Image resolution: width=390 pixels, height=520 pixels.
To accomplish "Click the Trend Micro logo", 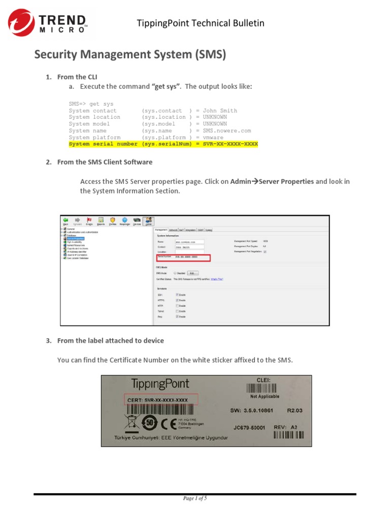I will pyautogui.click(x=48, y=23).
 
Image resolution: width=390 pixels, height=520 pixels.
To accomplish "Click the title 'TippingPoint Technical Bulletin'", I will pyautogui.click(x=201, y=23).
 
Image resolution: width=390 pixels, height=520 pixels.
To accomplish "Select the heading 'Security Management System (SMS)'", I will pyautogui.click(x=130, y=54).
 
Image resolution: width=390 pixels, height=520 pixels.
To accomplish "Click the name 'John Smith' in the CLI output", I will pyautogui.click(x=220, y=111).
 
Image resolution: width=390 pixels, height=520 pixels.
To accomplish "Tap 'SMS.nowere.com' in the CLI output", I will pyautogui.click(x=227, y=131).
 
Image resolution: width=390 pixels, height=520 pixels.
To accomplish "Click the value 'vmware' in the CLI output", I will pyautogui.click(x=213, y=137).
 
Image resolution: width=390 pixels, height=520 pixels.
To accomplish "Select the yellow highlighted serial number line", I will pyautogui.click(x=164, y=144).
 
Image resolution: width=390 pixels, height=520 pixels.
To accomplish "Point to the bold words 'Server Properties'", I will pyautogui.click(x=286, y=181).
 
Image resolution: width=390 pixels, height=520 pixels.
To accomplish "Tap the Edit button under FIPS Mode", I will pyautogui.click(x=191, y=273).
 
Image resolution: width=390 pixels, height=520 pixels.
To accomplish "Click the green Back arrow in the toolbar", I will pyautogui.click(x=66, y=220).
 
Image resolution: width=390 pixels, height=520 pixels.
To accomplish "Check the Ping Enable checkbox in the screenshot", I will pyautogui.click(x=177, y=316).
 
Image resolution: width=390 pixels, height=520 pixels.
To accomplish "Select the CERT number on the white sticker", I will pyautogui.click(x=158, y=400).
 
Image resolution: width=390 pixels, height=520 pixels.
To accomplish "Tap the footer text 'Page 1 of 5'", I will pyautogui.click(x=195, y=499).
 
